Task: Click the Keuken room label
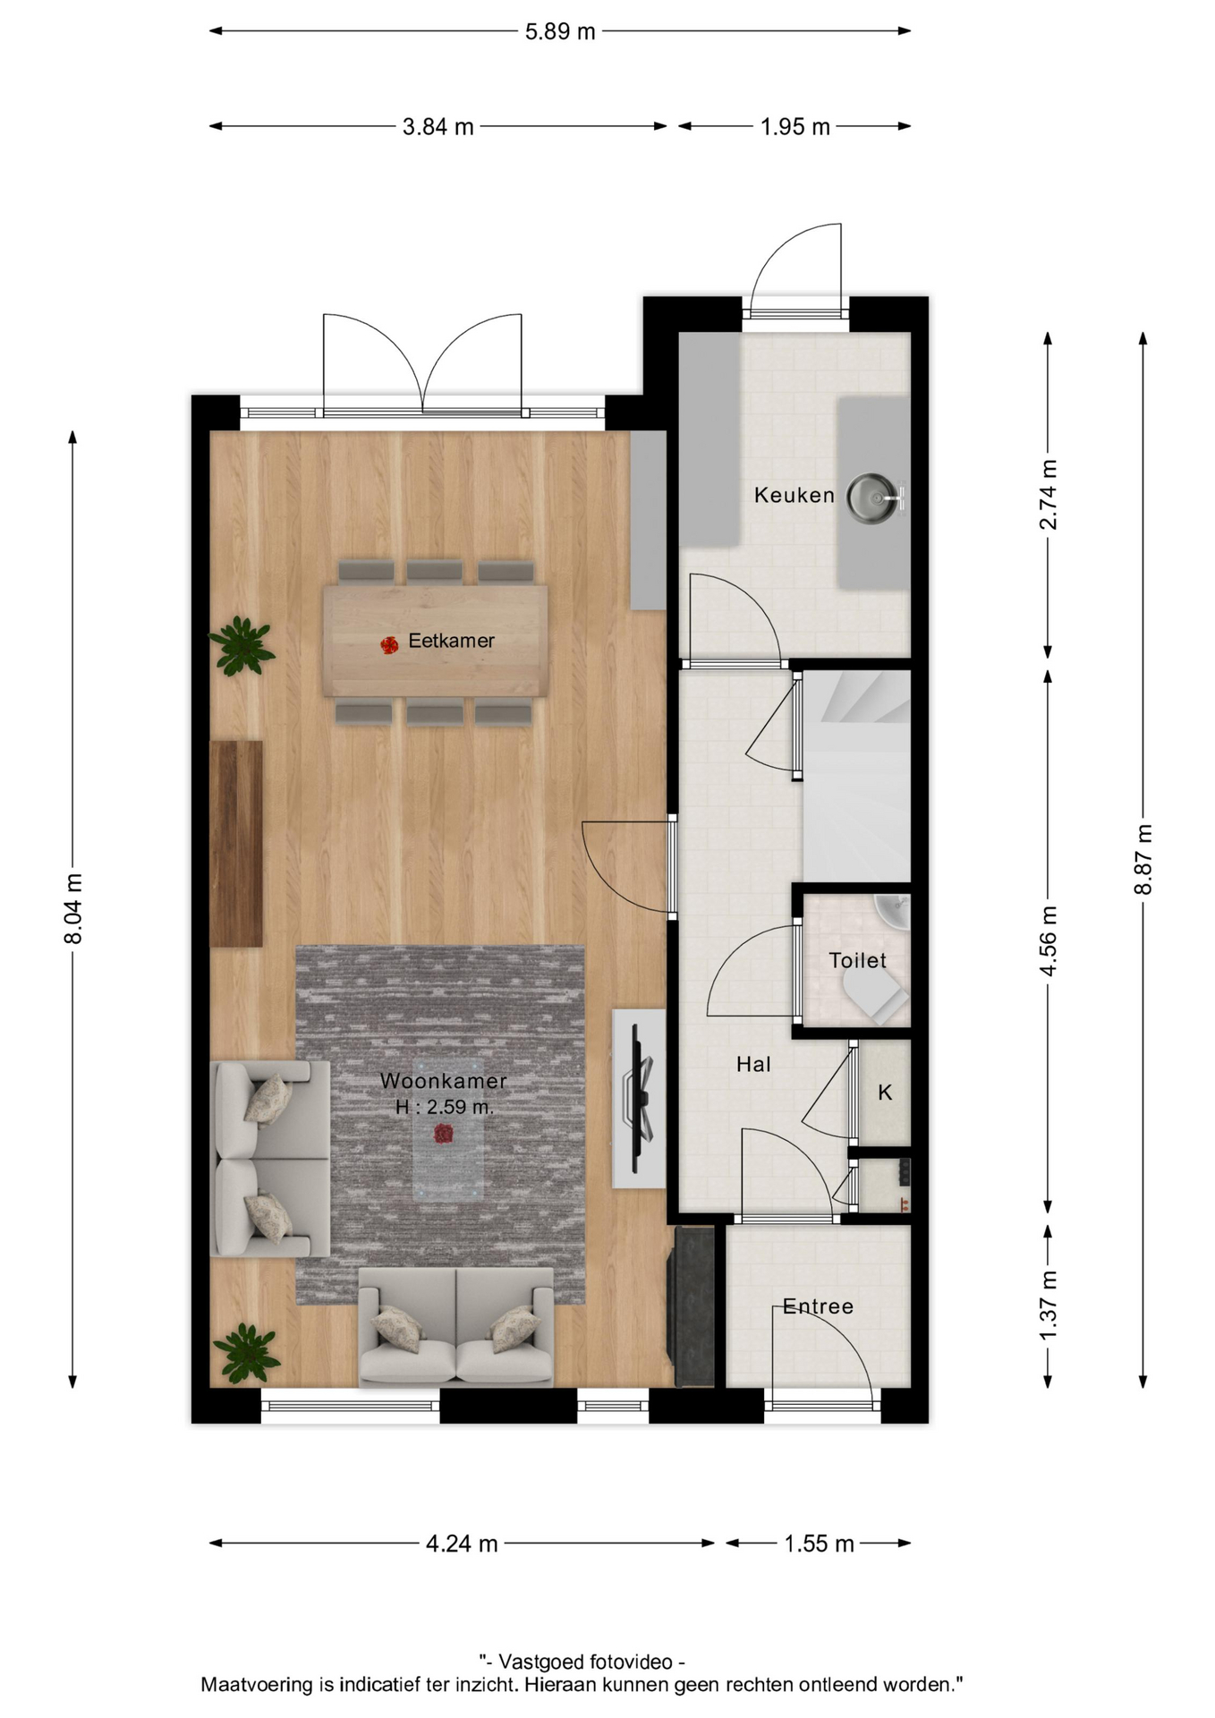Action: click(x=794, y=495)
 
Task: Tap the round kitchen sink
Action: click(x=872, y=498)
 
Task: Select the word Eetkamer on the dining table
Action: click(x=451, y=641)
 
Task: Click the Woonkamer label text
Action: click(x=444, y=1081)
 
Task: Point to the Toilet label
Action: click(x=857, y=961)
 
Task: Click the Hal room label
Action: click(x=753, y=1064)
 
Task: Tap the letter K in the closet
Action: click(x=885, y=1093)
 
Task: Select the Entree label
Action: click(x=818, y=1306)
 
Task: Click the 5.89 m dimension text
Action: click(x=560, y=31)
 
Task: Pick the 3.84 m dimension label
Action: click(x=438, y=127)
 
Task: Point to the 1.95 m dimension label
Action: click(x=795, y=127)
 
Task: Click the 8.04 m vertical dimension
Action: click(x=73, y=908)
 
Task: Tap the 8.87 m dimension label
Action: click(x=1143, y=859)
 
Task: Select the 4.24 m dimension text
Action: click(x=462, y=1544)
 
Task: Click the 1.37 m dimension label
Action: click(x=1049, y=1306)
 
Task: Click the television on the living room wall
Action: click(x=641, y=1099)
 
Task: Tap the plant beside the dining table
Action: click(x=241, y=644)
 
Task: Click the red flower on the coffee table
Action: click(x=443, y=1135)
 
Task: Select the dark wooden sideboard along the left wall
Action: click(x=236, y=843)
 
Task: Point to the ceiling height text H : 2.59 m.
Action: click(x=445, y=1107)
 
